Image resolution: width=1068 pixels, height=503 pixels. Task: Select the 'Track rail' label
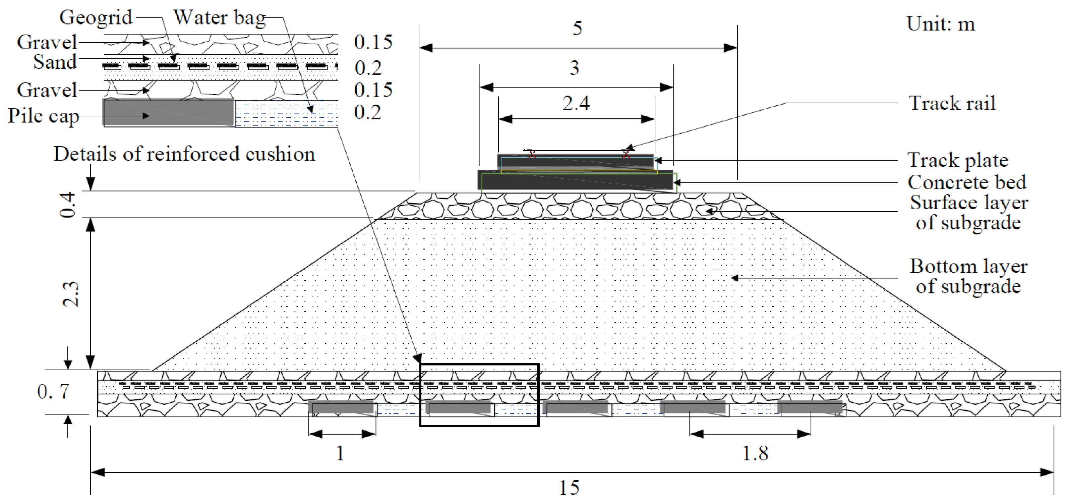click(x=952, y=103)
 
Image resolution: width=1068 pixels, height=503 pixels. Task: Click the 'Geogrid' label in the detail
click(x=96, y=17)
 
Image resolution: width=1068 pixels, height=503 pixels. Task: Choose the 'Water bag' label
click(x=219, y=18)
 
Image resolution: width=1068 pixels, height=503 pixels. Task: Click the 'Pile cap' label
click(x=43, y=116)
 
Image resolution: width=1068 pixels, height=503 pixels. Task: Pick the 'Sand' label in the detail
click(x=55, y=62)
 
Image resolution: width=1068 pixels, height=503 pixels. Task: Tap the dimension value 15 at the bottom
click(x=569, y=488)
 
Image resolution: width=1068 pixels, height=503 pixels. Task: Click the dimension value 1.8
click(x=755, y=453)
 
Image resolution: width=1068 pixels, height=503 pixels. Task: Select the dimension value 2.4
click(x=576, y=103)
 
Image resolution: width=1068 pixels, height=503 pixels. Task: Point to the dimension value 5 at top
click(x=578, y=28)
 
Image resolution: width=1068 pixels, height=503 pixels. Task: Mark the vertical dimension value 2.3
click(x=71, y=294)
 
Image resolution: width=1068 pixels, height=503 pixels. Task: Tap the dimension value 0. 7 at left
click(x=53, y=391)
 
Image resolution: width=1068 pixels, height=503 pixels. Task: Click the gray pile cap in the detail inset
click(x=168, y=112)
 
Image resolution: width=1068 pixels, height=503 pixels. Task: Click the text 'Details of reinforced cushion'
click(x=184, y=154)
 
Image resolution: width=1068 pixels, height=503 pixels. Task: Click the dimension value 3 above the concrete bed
click(x=574, y=68)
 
